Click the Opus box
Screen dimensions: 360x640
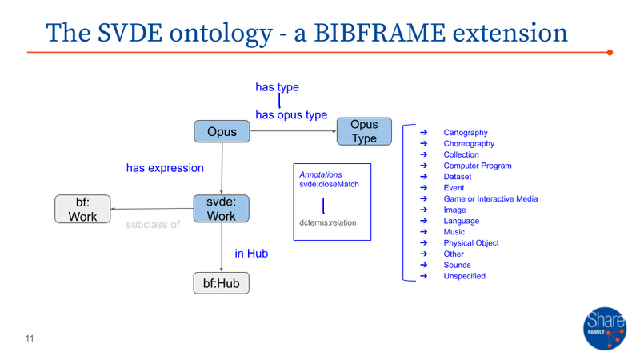click(222, 131)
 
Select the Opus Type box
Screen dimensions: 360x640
click(364, 132)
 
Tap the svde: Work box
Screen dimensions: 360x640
click(222, 209)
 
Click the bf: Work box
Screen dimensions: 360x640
click(82, 209)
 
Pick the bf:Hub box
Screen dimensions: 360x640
click(222, 283)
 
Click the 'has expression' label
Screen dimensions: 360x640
click(165, 169)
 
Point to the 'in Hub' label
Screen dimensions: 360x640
click(251, 254)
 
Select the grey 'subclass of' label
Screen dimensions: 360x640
click(153, 225)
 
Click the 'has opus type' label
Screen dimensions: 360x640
click(291, 115)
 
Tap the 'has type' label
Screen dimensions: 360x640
click(277, 87)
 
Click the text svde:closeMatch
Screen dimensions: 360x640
click(329, 185)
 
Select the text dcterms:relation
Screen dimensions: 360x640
click(328, 223)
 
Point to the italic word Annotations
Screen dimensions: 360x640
click(321, 174)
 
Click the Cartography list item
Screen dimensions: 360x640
click(466, 133)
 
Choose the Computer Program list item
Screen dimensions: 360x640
click(478, 166)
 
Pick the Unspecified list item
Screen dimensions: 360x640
click(465, 276)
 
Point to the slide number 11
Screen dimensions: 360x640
click(30, 338)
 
